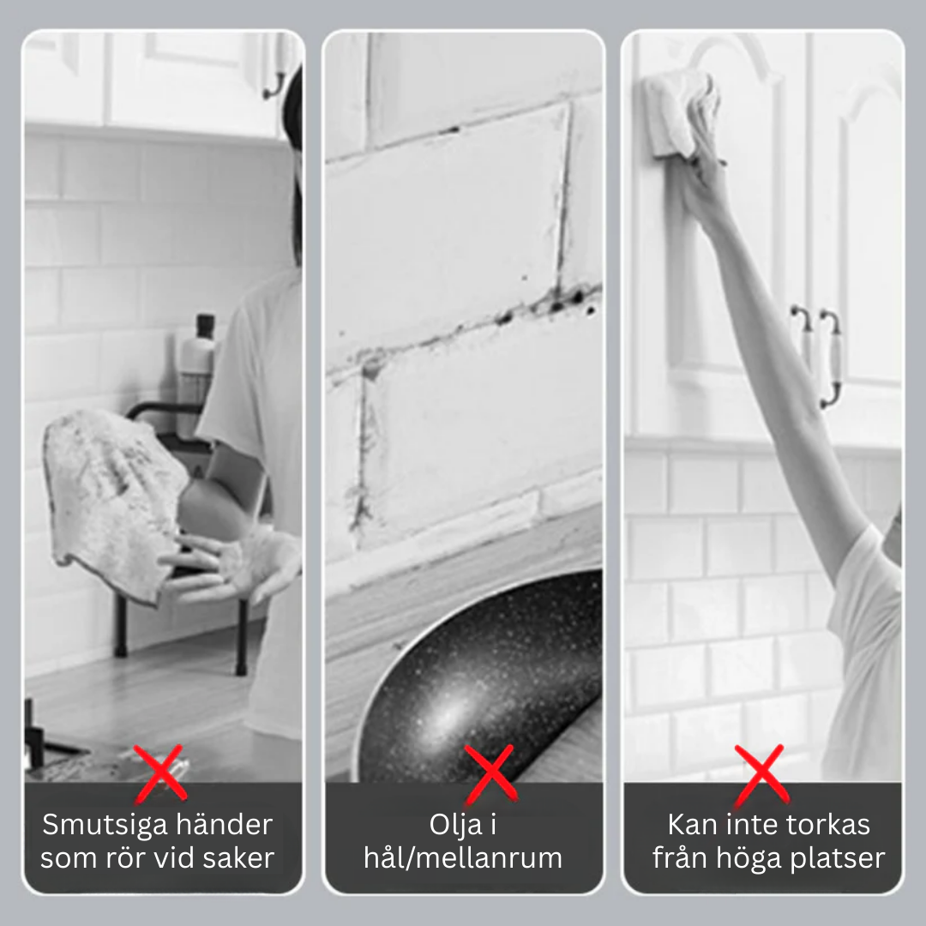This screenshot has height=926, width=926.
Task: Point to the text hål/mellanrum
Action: [463, 858]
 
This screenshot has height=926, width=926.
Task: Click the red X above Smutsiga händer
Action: [160, 773]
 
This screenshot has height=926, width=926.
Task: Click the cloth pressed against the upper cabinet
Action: [679, 115]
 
